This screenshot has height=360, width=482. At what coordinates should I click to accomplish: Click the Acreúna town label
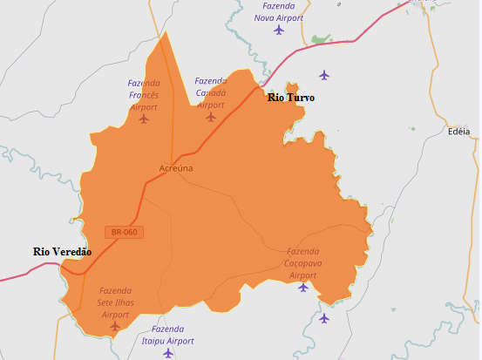pyautogui.click(x=176, y=168)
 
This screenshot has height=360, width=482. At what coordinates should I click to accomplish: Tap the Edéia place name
pyautogui.click(x=458, y=132)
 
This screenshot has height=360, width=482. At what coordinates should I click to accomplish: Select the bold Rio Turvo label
pyautogui.click(x=290, y=98)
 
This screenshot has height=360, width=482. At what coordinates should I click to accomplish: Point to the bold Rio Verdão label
pyautogui.click(x=62, y=251)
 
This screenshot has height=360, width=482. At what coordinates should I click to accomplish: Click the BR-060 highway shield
pyautogui.click(x=124, y=232)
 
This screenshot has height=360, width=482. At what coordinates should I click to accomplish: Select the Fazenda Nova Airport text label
pyautogui.click(x=278, y=11)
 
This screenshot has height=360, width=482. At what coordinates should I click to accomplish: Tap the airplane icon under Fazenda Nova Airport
pyautogui.click(x=279, y=30)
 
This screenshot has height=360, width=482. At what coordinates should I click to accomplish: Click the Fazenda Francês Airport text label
pyautogui.click(x=144, y=95)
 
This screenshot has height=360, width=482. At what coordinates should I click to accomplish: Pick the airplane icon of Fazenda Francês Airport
pyautogui.click(x=144, y=119)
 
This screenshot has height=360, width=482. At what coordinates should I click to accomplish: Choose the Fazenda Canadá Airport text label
pyautogui.click(x=210, y=92)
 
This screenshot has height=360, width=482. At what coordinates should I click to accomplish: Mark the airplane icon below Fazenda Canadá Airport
pyautogui.click(x=210, y=116)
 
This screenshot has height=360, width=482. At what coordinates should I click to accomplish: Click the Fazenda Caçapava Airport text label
pyautogui.click(x=303, y=262)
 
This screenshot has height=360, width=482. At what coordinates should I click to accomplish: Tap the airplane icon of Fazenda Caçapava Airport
pyautogui.click(x=303, y=287)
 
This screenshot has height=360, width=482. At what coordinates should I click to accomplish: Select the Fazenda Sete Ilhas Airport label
pyautogui.click(x=115, y=302)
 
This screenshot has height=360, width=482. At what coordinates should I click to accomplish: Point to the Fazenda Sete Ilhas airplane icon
pyautogui.click(x=115, y=326)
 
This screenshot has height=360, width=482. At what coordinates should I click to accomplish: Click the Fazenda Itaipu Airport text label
pyautogui.click(x=167, y=335)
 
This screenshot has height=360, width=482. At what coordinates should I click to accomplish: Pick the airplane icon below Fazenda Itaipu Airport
pyautogui.click(x=168, y=353)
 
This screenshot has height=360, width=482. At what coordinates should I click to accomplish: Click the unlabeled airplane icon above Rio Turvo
pyautogui.click(x=324, y=75)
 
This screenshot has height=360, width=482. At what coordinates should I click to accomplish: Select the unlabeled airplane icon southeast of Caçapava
pyautogui.click(x=324, y=318)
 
